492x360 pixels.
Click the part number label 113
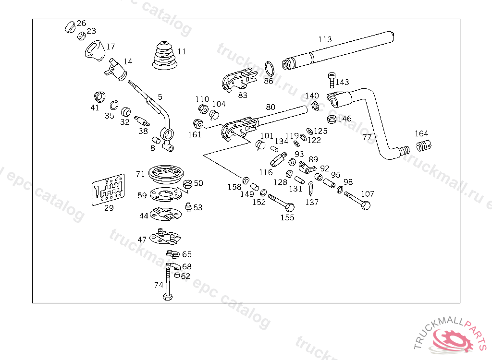325,39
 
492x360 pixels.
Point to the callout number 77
367,137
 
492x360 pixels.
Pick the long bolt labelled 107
357,200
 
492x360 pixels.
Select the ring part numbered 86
270,68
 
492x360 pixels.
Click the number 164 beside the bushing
421,133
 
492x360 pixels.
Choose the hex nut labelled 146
331,119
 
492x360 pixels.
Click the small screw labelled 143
331,79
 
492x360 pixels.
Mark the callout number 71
140,174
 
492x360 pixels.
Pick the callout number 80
271,107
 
